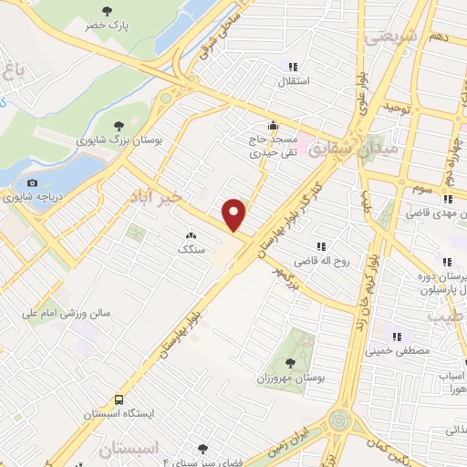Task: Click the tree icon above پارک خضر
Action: [109, 12]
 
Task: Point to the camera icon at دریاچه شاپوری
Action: [32, 183]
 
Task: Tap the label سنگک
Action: [192, 248]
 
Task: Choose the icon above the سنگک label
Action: [191, 234]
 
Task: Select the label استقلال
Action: [293, 80]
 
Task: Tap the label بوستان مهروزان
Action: [293, 376]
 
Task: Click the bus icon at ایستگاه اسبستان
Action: [119, 400]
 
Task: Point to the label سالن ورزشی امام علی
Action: [69, 312]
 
